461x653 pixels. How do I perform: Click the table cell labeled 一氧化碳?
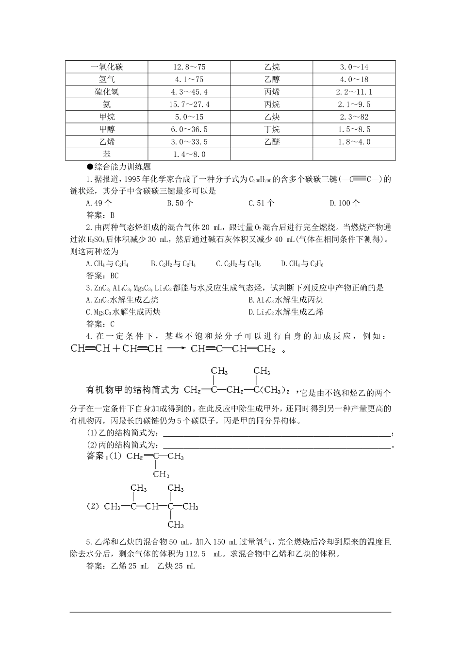(x=107, y=67)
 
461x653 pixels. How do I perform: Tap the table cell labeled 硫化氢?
(x=107, y=92)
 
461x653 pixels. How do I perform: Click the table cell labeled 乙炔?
(x=272, y=117)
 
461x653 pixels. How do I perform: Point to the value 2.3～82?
(x=354, y=117)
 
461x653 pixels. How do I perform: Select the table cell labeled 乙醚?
(x=272, y=142)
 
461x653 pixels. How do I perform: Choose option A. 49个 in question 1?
(x=99, y=203)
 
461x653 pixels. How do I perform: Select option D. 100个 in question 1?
(x=345, y=203)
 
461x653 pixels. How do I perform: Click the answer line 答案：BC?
(x=102, y=275)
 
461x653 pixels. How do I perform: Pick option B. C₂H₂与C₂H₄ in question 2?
(x=173, y=264)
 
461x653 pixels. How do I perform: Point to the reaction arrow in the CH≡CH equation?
(x=176, y=349)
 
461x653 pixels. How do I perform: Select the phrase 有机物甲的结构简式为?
(x=132, y=390)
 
